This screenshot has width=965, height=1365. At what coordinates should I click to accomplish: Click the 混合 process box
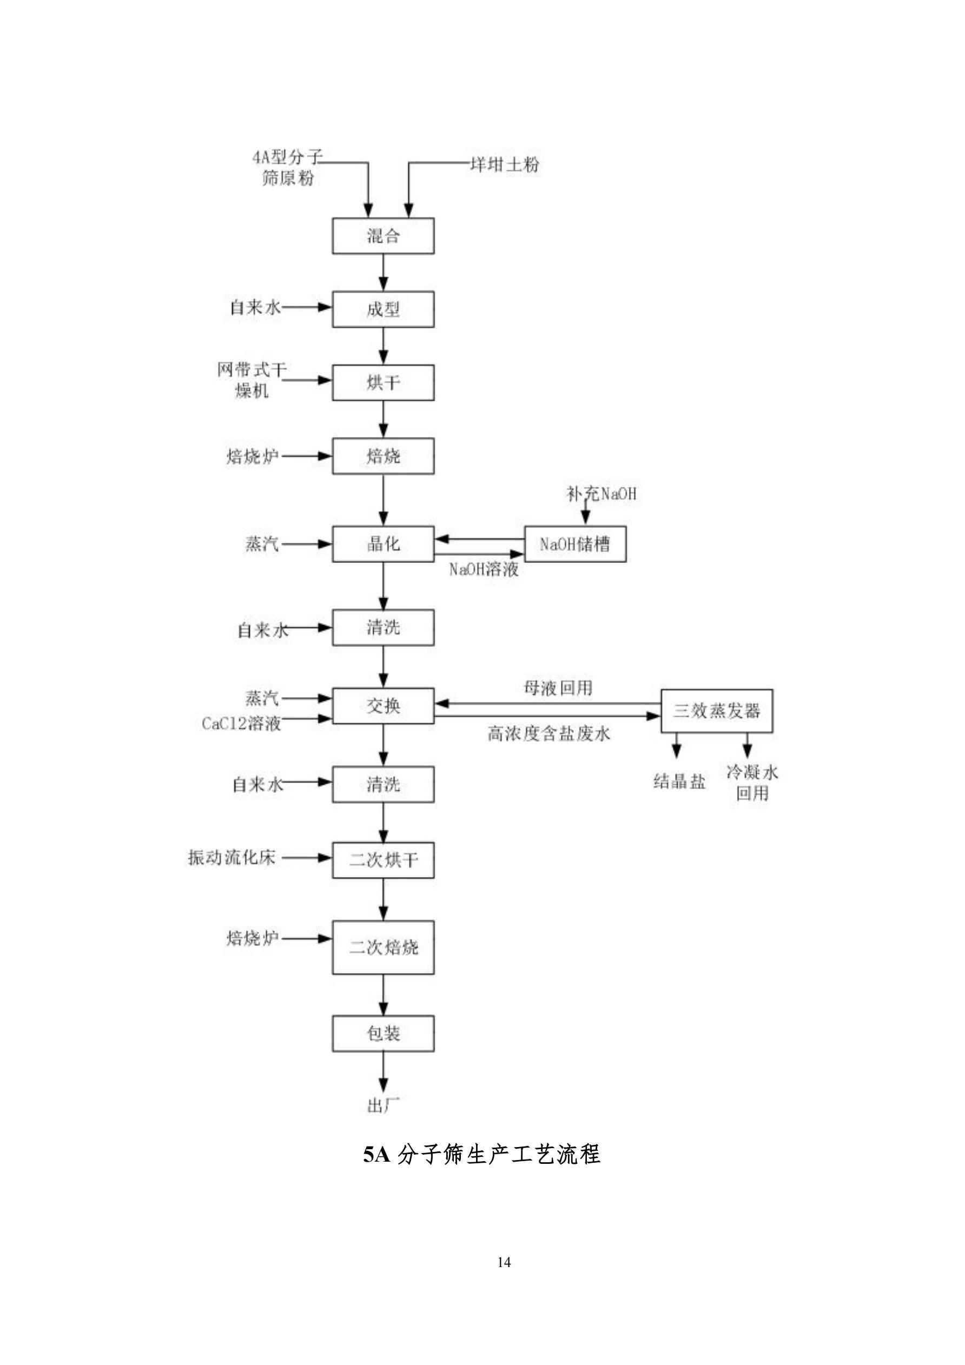pyautogui.click(x=383, y=236)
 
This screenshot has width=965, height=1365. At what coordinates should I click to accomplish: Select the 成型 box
pyautogui.click(x=383, y=309)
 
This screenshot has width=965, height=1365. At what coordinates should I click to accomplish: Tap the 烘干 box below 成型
pyautogui.click(x=383, y=382)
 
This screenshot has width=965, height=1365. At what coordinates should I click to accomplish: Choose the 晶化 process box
pyautogui.click(x=383, y=544)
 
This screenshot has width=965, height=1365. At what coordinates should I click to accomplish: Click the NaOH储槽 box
pyautogui.click(x=574, y=544)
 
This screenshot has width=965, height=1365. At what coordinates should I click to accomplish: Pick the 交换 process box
pyautogui.click(x=383, y=706)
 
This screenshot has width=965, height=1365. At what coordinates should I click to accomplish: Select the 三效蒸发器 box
pyautogui.click(x=717, y=711)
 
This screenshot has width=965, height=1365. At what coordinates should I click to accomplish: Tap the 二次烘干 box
pyautogui.click(x=383, y=860)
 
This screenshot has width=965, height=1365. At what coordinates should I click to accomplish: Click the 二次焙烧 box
pyautogui.click(x=383, y=947)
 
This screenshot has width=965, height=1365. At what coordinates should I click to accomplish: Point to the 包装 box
pyautogui.click(x=383, y=1033)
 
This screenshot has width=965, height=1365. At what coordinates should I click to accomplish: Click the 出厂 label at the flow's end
pyautogui.click(x=383, y=1106)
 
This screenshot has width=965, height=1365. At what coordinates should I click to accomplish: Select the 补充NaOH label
pyautogui.click(x=601, y=493)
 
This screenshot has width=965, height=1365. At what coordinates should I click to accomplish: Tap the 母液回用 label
pyautogui.click(x=558, y=688)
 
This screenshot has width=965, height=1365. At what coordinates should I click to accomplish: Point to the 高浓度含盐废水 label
pyautogui.click(x=549, y=734)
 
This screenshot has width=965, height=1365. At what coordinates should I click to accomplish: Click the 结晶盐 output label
pyautogui.click(x=679, y=781)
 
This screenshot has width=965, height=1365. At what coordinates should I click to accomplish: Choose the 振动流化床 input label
pyautogui.click(x=232, y=858)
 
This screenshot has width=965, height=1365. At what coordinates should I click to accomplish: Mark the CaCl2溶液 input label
pyautogui.click(x=241, y=724)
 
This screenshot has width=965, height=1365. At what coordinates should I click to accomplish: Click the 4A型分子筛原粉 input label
pyautogui.click(x=288, y=168)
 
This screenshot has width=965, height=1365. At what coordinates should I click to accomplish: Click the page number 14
pyautogui.click(x=504, y=1262)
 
